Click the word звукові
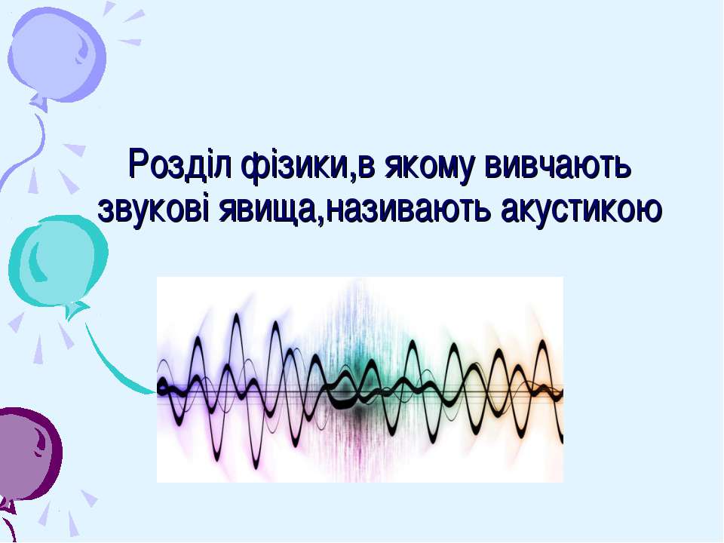[154, 210]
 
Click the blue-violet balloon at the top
[57, 54]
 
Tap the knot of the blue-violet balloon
[40, 103]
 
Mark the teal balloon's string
[111, 365]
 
